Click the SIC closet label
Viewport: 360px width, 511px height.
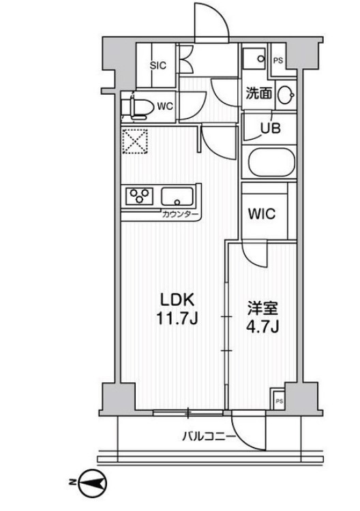(x=158, y=65)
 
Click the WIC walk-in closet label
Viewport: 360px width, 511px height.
(x=260, y=214)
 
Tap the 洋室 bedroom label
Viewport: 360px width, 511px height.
(x=260, y=308)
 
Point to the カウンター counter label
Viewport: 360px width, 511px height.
(x=180, y=215)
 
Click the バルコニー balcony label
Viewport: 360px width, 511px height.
(x=209, y=437)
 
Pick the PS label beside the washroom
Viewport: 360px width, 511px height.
(x=277, y=60)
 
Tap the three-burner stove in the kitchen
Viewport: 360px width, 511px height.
(x=140, y=197)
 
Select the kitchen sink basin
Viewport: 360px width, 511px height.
(x=178, y=198)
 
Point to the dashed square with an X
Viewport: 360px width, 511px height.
(x=135, y=142)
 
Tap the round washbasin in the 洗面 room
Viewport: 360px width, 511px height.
(x=287, y=94)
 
